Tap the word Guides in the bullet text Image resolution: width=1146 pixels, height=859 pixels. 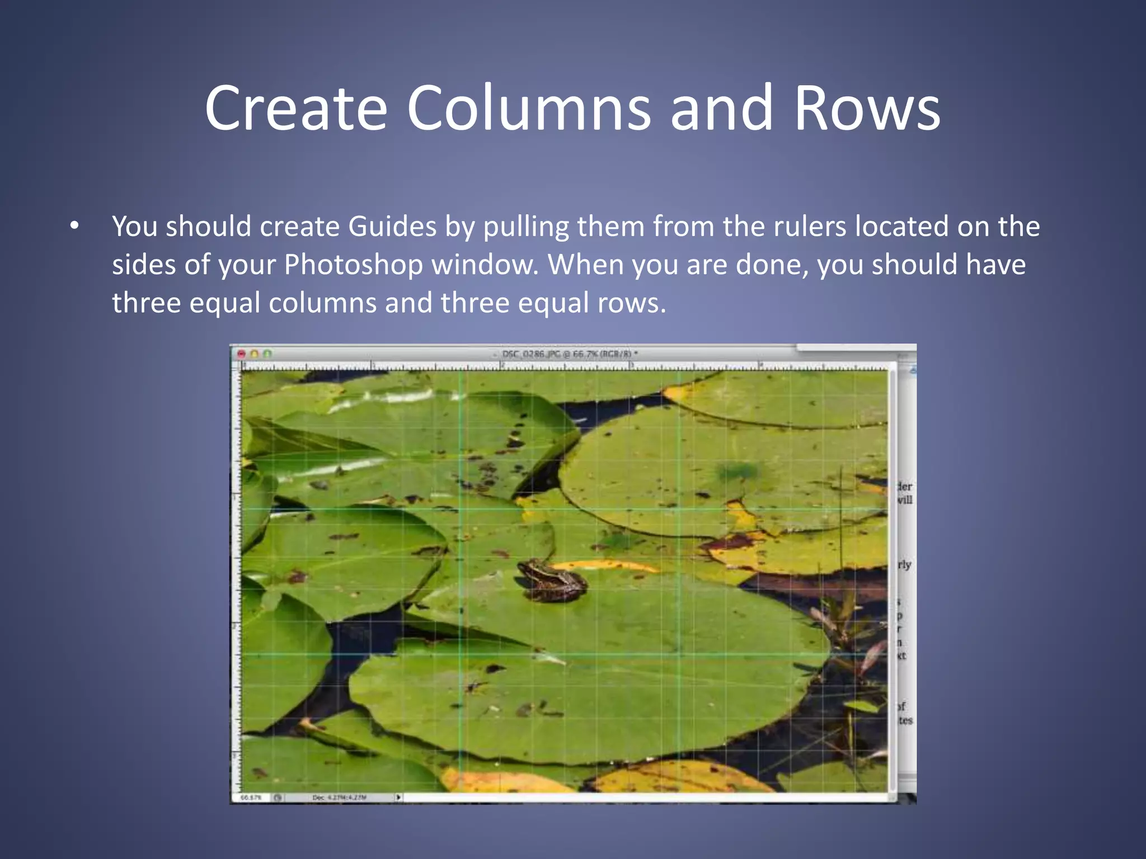click(392, 226)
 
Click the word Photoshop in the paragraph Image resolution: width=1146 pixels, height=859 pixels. click(353, 265)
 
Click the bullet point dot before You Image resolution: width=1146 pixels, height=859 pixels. click(74, 227)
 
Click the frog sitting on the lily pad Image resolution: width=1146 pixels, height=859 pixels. click(551, 580)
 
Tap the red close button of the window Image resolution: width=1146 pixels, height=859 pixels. click(242, 354)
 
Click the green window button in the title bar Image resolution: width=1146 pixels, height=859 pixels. click(267, 354)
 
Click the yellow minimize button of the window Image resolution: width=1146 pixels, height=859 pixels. click(255, 354)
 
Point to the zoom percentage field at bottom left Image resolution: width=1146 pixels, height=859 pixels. click(251, 797)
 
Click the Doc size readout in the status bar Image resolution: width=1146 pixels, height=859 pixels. click(339, 797)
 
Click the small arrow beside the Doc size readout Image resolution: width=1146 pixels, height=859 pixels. click(398, 797)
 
